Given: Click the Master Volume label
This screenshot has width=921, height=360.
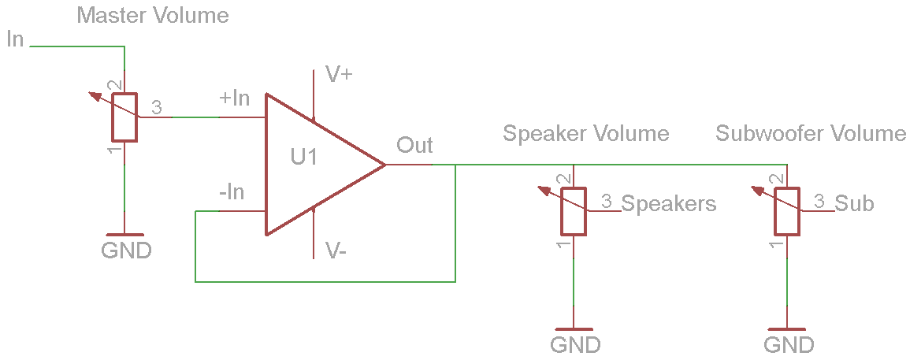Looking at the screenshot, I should (x=153, y=15).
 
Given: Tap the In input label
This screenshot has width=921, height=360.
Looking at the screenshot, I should (x=15, y=39).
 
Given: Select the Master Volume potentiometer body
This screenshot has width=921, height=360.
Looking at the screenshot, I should (x=124, y=117).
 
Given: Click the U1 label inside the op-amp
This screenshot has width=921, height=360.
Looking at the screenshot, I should (x=304, y=158).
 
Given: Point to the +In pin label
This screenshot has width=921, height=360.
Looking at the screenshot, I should (x=234, y=98).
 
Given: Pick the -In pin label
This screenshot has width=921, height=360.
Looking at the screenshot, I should (x=232, y=192).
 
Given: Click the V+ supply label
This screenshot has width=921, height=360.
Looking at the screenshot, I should (x=340, y=75).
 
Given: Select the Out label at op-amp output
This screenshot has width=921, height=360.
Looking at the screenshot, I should (x=414, y=145).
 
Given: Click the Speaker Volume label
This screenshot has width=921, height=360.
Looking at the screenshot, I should (x=586, y=133).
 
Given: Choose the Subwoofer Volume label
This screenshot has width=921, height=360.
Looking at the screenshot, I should (x=811, y=133).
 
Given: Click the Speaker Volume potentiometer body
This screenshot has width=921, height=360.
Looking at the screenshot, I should (x=574, y=211).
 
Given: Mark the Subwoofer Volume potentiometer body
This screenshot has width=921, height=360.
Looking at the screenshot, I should (x=787, y=211).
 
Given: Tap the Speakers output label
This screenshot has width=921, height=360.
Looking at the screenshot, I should (x=669, y=204).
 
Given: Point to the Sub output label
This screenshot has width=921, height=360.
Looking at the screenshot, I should (x=854, y=203).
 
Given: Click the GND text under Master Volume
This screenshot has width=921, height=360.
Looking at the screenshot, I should (x=126, y=251).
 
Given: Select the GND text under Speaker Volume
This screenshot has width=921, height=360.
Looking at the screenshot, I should (x=575, y=345).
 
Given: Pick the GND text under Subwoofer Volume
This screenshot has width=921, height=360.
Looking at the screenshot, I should (x=789, y=345).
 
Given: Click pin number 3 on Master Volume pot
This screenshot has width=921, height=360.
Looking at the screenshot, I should (x=156, y=108).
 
